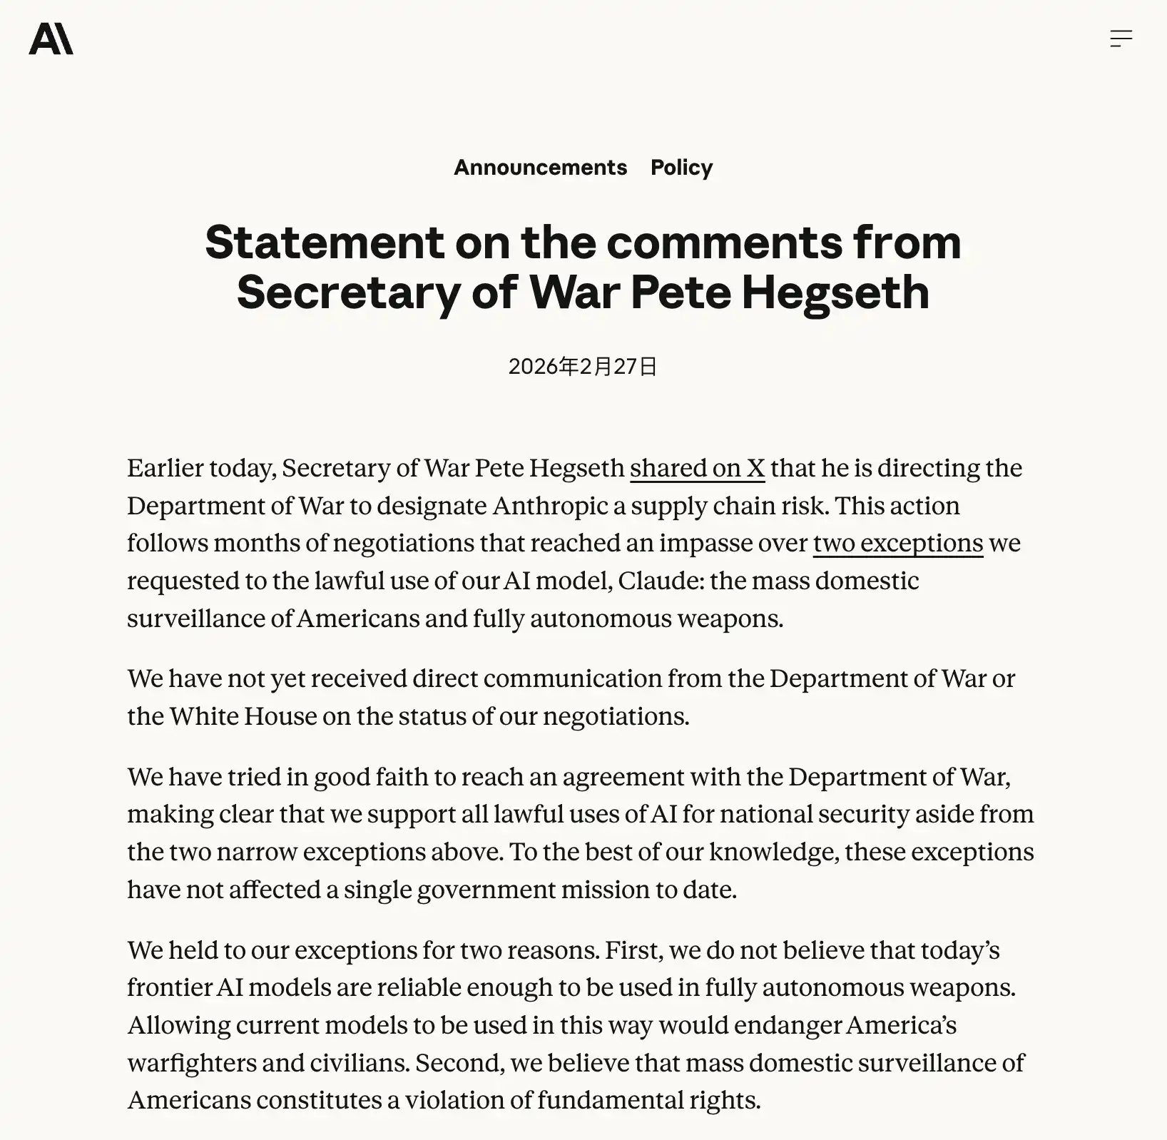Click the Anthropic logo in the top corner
51,39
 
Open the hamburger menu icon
1121,39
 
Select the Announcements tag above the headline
540,167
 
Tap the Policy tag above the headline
681,167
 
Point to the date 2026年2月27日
583,366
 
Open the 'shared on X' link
697,468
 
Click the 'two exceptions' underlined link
897,543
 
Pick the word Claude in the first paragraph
660,581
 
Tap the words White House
243,716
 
